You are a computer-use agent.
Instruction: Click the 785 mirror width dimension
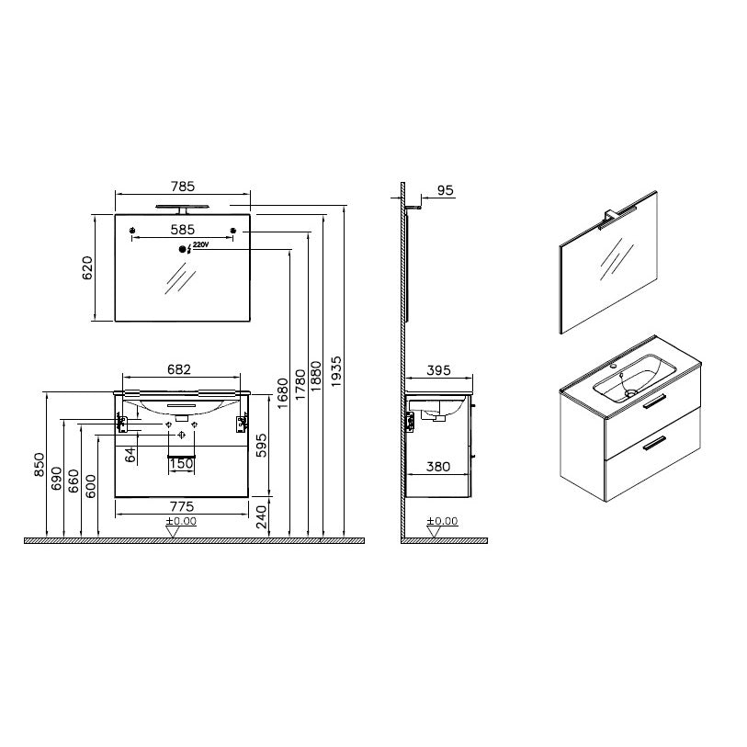pos(183,187)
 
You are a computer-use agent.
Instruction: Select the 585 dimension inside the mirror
pos(183,230)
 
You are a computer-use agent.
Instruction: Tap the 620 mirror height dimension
pos(87,267)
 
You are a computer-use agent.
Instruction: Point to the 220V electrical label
pos(201,245)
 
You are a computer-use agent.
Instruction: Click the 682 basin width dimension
pos(179,369)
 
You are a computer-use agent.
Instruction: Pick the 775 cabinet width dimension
pos(182,506)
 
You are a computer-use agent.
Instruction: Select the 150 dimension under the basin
pos(182,463)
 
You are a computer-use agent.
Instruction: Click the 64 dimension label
pos(130,455)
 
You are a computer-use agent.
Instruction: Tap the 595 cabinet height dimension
pos(262,446)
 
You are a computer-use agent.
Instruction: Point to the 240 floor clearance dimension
pos(262,517)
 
